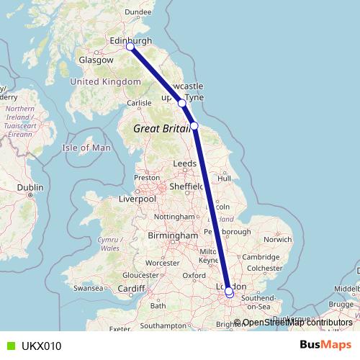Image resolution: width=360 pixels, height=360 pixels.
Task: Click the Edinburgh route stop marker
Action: pyautogui.click(x=130, y=47)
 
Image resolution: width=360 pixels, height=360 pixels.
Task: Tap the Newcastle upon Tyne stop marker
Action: pyautogui.click(x=182, y=103)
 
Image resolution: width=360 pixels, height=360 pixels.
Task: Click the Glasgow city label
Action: pyautogui.click(x=96, y=60)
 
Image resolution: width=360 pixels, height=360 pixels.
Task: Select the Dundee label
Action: pyautogui.click(x=138, y=12)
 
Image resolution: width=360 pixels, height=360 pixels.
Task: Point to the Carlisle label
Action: pyautogui.click(x=139, y=103)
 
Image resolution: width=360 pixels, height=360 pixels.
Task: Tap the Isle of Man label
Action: pyautogui.click(x=87, y=148)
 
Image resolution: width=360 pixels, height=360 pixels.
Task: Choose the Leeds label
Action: pyautogui.click(x=185, y=164)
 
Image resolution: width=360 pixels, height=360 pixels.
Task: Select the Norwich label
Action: pyautogui.click(x=277, y=239)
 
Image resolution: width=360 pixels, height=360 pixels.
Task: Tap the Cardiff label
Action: pyautogui.click(x=132, y=289)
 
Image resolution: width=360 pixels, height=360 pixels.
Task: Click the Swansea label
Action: pyautogui.click(x=89, y=287)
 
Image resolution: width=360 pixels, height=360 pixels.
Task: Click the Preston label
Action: pyautogui.click(x=146, y=177)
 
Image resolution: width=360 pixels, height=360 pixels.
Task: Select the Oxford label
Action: pyautogui.click(x=195, y=275)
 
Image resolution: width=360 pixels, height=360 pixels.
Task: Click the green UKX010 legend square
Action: pyautogui.click(x=9, y=346)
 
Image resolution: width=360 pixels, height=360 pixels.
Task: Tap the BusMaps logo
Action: pyautogui.click(x=325, y=345)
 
